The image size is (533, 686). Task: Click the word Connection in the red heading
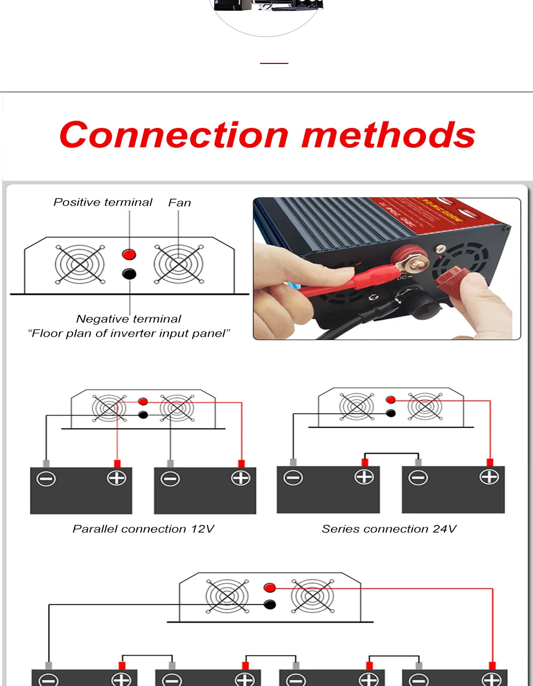[173, 135]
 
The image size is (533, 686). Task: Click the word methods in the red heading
[388, 135]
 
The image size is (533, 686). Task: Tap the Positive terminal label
[103, 203]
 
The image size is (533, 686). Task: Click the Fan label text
[180, 203]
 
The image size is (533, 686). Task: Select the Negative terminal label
[128, 319]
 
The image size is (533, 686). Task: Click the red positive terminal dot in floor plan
[129, 254]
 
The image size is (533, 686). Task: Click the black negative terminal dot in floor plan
[129, 274]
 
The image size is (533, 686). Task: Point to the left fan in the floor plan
[79, 264]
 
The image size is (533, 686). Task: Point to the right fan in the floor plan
[179, 264]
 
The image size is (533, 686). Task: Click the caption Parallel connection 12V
[143, 529]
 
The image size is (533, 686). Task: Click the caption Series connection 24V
[389, 529]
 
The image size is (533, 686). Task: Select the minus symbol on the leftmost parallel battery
[46, 479]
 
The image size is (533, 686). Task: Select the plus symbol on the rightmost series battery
[489, 477]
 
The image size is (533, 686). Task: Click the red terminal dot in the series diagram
[391, 400]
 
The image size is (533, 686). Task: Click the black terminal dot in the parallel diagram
[143, 415]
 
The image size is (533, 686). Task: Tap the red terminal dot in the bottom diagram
[270, 588]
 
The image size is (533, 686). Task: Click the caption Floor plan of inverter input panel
[129, 334]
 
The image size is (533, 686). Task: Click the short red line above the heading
[274, 63]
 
